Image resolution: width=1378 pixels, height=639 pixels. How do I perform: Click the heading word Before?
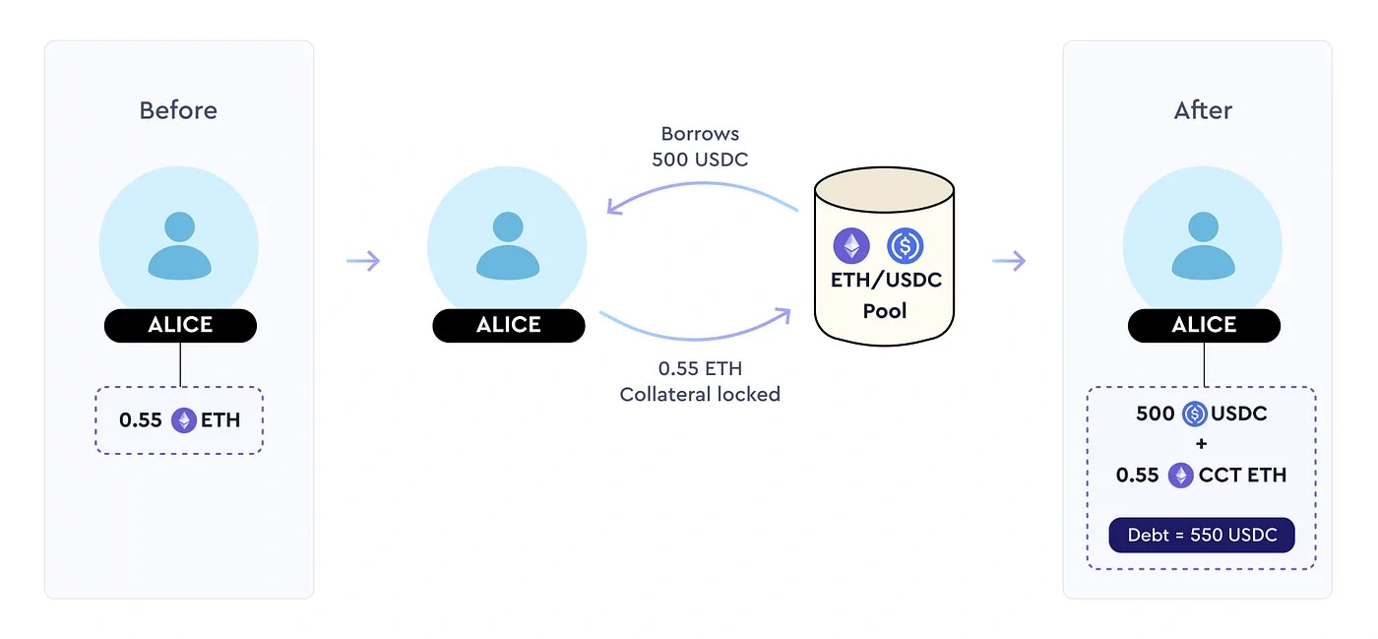click(x=178, y=110)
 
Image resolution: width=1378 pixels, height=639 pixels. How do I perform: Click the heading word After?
click(x=1203, y=110)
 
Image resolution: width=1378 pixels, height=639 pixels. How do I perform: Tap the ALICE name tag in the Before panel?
click(x=180, y=326)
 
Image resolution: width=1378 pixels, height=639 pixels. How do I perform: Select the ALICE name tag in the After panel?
click(x=1204, y=326)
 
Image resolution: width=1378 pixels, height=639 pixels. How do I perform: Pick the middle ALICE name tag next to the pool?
click(x=509, y=326)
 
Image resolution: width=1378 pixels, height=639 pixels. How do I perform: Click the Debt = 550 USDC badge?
click(x=1202, y=536)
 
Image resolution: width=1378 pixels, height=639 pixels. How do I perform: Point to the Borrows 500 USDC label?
click(x=700, y=147)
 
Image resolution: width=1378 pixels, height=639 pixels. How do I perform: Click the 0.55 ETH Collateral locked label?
click(x=700, y=382)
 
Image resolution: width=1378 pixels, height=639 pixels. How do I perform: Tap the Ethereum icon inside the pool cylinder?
click(x=851, y=245)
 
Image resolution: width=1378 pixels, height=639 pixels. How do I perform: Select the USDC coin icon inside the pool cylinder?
click(x=905, y=245)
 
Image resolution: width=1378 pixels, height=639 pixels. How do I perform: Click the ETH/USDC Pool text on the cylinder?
click(x=886, y=295)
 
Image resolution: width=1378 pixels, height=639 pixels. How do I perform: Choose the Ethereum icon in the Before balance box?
click(x=184, y=420)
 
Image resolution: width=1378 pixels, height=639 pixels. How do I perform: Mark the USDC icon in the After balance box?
click(x=1194, y=414)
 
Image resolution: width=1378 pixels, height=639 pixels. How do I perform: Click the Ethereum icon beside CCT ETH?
click(x=1180, y=476)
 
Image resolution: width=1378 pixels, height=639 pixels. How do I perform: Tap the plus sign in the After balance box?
click(x=1202, y=444)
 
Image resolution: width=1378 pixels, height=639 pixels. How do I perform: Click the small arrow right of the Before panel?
click(x=363, y=261)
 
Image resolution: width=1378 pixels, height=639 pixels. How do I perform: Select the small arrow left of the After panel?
click(x=1009, y=261)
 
